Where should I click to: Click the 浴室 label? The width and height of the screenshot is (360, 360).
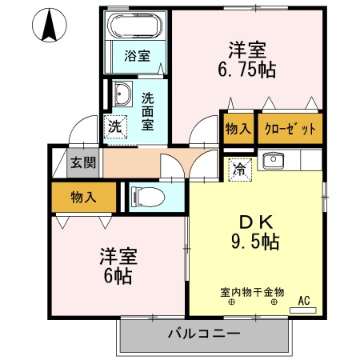tap(137, 56)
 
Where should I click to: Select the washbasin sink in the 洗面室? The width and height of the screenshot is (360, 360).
tap(122, 95)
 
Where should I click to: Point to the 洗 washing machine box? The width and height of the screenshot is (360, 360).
tap(115, 126)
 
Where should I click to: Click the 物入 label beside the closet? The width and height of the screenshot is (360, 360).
tap(238, 129)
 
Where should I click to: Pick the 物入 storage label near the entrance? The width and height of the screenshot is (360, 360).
tap(84, 196)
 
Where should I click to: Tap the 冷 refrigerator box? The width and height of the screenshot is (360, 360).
tap(239, 168)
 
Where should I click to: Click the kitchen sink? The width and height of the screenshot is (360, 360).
tap(274, 161)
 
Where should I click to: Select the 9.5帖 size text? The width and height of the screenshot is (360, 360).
tap(250, 241)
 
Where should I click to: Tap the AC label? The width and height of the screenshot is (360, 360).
tap(304, 301)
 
